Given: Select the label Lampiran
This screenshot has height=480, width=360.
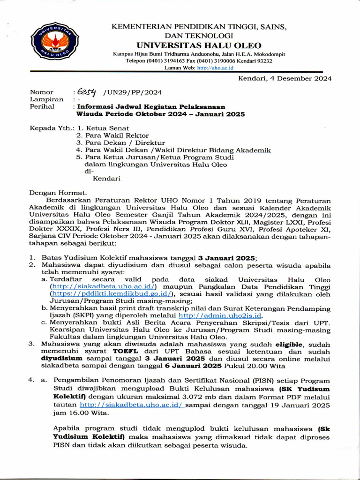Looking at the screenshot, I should click(x=46, y=99).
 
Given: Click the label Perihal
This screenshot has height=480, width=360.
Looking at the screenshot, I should click(x=42, y=106).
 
